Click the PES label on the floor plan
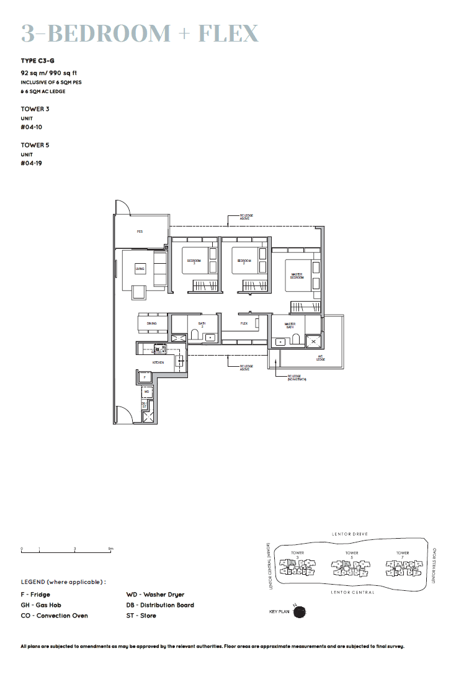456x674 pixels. pos(140,231)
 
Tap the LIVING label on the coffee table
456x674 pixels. pos(140,269)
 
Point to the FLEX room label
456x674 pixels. pos(244,323)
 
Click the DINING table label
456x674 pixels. pos(151,323)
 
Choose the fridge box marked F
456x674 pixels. pos(144,377)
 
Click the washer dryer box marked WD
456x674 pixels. pos(146,392)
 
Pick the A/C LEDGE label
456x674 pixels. pos(321,358)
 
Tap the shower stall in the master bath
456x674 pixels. pos(313,341)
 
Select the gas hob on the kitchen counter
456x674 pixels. pos(160,349)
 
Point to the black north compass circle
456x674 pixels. pos(300,612)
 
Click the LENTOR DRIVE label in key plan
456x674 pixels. pos(351,534)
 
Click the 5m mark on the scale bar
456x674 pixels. pos(110,549)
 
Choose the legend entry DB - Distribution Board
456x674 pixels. pos(160,605)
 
